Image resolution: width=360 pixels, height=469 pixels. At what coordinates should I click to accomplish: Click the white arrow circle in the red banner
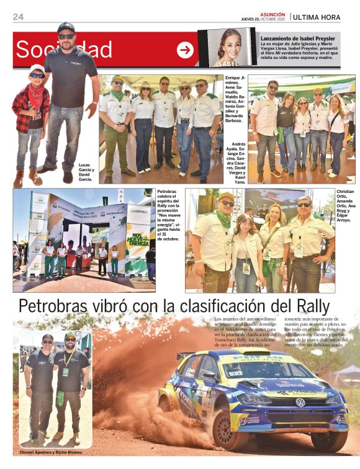point(185,50)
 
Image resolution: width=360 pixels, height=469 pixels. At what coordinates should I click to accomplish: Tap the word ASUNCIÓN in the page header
point(272,14)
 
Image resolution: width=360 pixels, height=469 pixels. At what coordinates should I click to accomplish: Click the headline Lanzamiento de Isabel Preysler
point(298,38)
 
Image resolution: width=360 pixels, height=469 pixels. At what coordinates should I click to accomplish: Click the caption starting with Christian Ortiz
point(346,205)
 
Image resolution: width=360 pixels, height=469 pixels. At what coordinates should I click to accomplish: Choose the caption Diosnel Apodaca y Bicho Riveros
point(51,453)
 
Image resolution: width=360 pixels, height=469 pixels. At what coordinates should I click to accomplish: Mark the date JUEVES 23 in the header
point(251,19)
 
